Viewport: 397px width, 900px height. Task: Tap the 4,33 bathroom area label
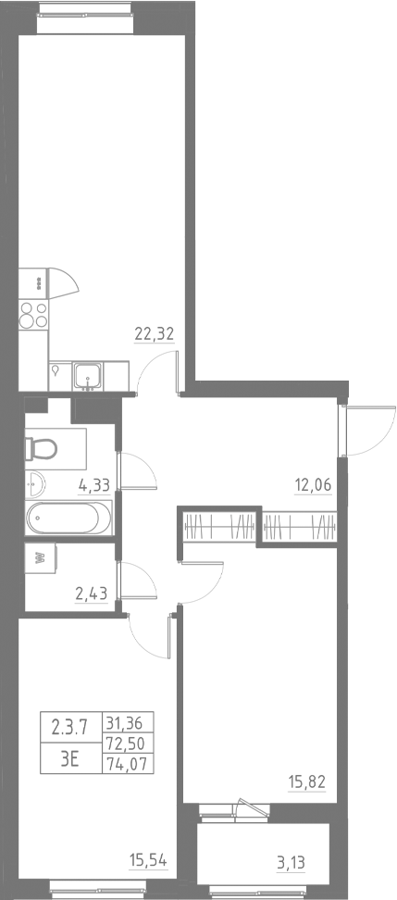[x=94, y=483]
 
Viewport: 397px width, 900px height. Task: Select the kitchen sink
[x=89, y=374]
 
